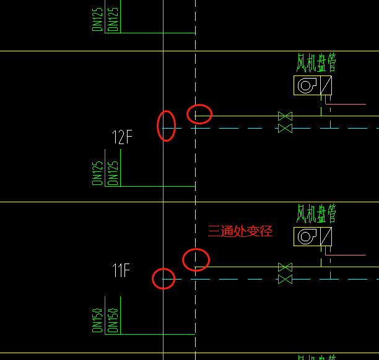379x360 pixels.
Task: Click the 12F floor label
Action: pyautogui.click(x=122, y=137)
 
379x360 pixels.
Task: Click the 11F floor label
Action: pyautogui.click(x=121, y=271)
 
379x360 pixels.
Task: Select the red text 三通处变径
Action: pyautogui.click(x=240, y=232)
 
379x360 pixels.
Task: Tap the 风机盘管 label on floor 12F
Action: pyautogui.click(x=316, y=63)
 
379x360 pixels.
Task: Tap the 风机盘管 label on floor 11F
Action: pyautogui.click(x=316, y=215)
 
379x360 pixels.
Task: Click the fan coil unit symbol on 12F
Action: pyautogui.click(x=313, y=85)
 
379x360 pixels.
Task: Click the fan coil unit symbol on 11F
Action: pyautogui.click(x=313, y=236)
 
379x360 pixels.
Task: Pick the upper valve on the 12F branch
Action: pyautogui.click(x=285, y=116)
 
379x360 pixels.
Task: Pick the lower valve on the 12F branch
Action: pyautogui.click(x=285, y=128)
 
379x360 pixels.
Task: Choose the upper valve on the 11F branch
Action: pyautogui.click(x=285, y=267)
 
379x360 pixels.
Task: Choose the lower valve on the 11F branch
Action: pyautogui.click(x=285, y=280)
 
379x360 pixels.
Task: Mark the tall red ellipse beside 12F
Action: pyautogui.click(x=166, y=126)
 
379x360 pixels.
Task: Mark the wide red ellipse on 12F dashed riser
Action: pyautogui.click(x=199, y=114)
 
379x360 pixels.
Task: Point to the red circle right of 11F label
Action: pyautogui.click(x=163, y=278)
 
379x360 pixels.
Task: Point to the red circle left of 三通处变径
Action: pyautogui.click(x=196, y=259)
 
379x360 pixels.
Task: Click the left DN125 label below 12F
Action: pyautogui.click(x=98, y=173)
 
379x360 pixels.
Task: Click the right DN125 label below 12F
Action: pyautogui.click(x=113, y=173)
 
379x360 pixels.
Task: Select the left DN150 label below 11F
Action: pyautogui.click(x=98, y=320)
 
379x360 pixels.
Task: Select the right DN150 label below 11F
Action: pyautogui.click(x=113, y=320)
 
